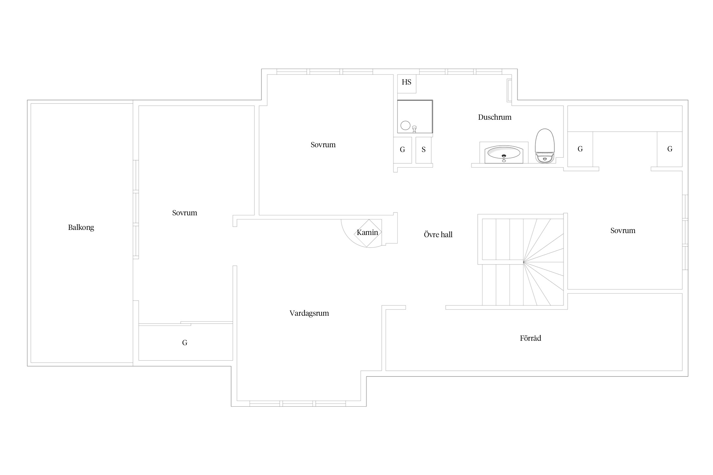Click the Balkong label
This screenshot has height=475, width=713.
[81, 227]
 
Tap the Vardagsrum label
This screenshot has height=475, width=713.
[309, 313]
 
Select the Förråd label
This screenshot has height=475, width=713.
[530, 338]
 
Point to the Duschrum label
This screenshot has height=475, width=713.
[495, 117]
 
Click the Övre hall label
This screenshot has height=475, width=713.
[438, 234]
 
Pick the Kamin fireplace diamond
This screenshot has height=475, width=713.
[368, 233]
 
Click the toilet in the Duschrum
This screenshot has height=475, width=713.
[545, 146]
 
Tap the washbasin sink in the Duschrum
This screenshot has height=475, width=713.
[504, 154]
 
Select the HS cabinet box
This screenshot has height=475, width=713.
[407, 84]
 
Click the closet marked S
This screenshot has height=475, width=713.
[424, 150]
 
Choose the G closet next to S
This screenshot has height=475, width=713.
[402, 150]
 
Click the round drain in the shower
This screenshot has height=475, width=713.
[405, 125]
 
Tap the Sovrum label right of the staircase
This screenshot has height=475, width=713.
[623, 231]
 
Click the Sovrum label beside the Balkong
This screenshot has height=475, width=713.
[184, 213]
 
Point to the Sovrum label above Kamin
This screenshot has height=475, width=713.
[323, 145]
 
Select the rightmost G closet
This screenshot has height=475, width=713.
[670, 149]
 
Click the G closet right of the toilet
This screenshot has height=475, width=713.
[580, 149]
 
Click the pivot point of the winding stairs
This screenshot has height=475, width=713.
[523, 262]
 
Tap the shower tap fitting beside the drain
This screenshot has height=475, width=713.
[414, 129]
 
